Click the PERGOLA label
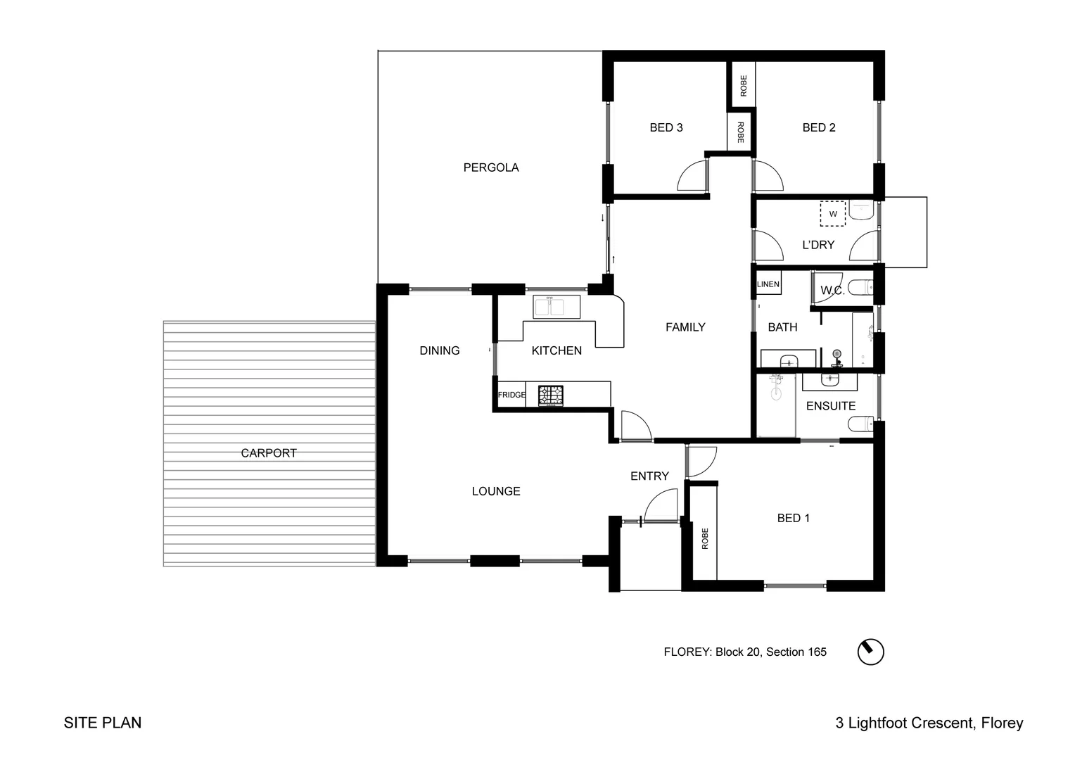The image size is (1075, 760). [491, 167]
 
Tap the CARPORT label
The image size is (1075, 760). [269, 453]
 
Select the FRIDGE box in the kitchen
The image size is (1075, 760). [511, 395]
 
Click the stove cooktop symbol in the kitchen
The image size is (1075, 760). [551, 395]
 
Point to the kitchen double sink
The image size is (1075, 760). [549, 308]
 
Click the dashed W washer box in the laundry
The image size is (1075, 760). [833, 214]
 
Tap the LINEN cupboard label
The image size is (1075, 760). [768, 284]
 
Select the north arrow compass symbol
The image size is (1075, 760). [870, 652]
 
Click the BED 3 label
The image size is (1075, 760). [666, 127]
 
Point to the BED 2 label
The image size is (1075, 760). [819, 127]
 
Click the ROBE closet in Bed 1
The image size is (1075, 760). [704, 538]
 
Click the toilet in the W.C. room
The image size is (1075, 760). [860, 287]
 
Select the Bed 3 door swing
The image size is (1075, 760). [692, 177]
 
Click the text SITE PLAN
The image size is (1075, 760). [103, 723]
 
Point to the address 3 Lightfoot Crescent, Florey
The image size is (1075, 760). [929, 723]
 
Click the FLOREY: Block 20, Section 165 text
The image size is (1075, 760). [745, 652]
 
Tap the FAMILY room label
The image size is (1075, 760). [685, 327]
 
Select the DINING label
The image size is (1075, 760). [440, 350]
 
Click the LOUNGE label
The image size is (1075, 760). [496, 491]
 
